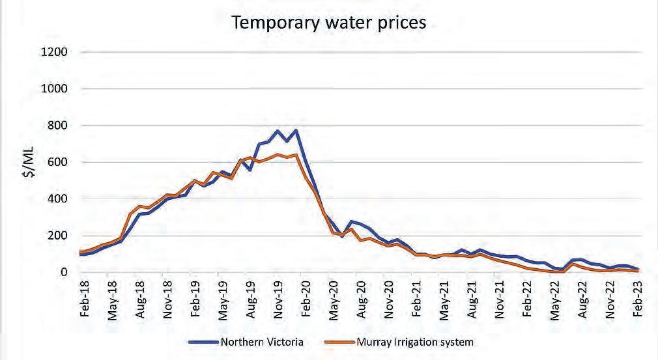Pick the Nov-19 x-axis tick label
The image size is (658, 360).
(278, 302)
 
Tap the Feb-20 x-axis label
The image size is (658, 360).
(305, 302)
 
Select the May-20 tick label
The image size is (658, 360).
(333, 302)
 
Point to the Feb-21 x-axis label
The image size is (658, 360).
(416, 302)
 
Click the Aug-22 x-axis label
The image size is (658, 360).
(582, 302)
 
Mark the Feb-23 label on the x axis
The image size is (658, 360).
(637, 302)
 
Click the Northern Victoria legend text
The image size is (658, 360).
(261, 341)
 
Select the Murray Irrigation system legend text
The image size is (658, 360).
(413, 341)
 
